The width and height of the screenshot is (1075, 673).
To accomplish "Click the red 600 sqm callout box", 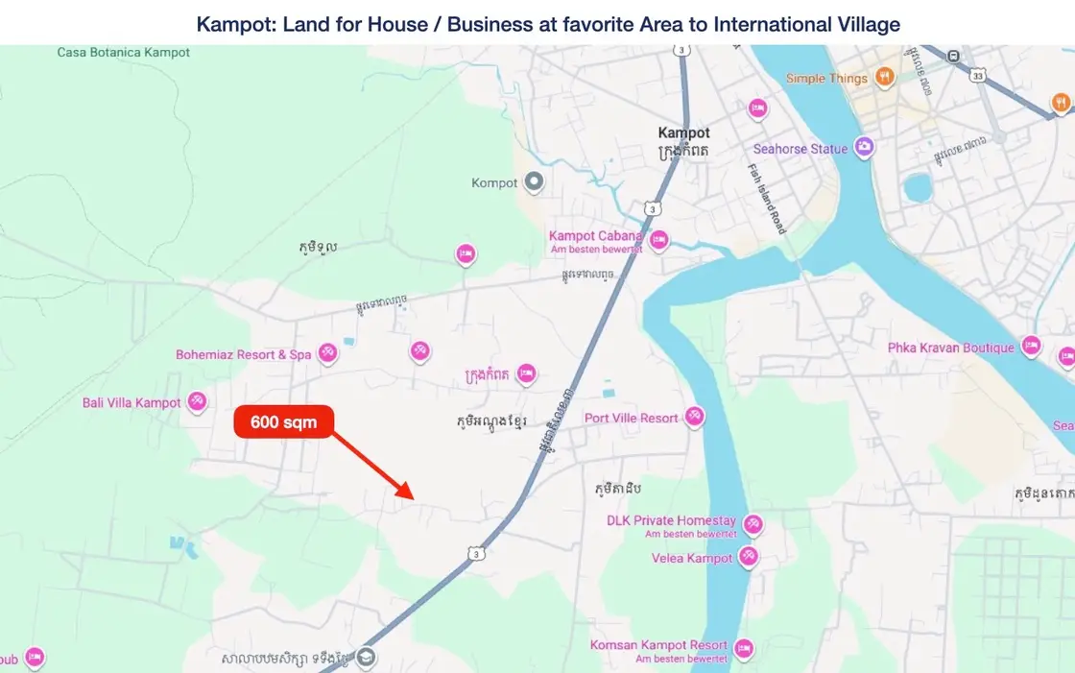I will (283, 422).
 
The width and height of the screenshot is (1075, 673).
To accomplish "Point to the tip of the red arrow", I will (413, 498).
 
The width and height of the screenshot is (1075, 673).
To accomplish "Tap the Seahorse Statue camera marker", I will (865, 148).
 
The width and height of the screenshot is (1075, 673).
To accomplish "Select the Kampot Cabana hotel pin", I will (658, 239).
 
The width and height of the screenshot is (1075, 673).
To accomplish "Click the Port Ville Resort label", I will (632, 419).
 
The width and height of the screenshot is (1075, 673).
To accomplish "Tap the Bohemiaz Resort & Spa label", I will (243, 354).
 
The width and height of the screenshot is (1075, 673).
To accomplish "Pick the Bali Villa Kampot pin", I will (197, 401).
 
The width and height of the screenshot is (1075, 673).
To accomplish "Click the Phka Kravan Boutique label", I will (950, 348).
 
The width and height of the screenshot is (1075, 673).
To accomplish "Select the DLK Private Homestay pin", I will (752, 523).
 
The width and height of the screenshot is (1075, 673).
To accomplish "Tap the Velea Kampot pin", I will (748, 557).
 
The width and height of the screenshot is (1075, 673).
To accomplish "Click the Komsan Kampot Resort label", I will (658, 645).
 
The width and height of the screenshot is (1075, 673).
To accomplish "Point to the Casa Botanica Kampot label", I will (124, 53).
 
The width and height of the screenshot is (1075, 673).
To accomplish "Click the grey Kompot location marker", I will (535, 181).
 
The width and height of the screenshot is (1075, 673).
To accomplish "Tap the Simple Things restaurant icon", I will (885, 77).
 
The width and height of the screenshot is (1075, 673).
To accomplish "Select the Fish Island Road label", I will (767, 198).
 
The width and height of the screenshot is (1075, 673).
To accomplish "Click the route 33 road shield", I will (977, 75).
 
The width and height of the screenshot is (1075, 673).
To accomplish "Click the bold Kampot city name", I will (683, 133).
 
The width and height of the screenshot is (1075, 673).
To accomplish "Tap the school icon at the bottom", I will (365, 658).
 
